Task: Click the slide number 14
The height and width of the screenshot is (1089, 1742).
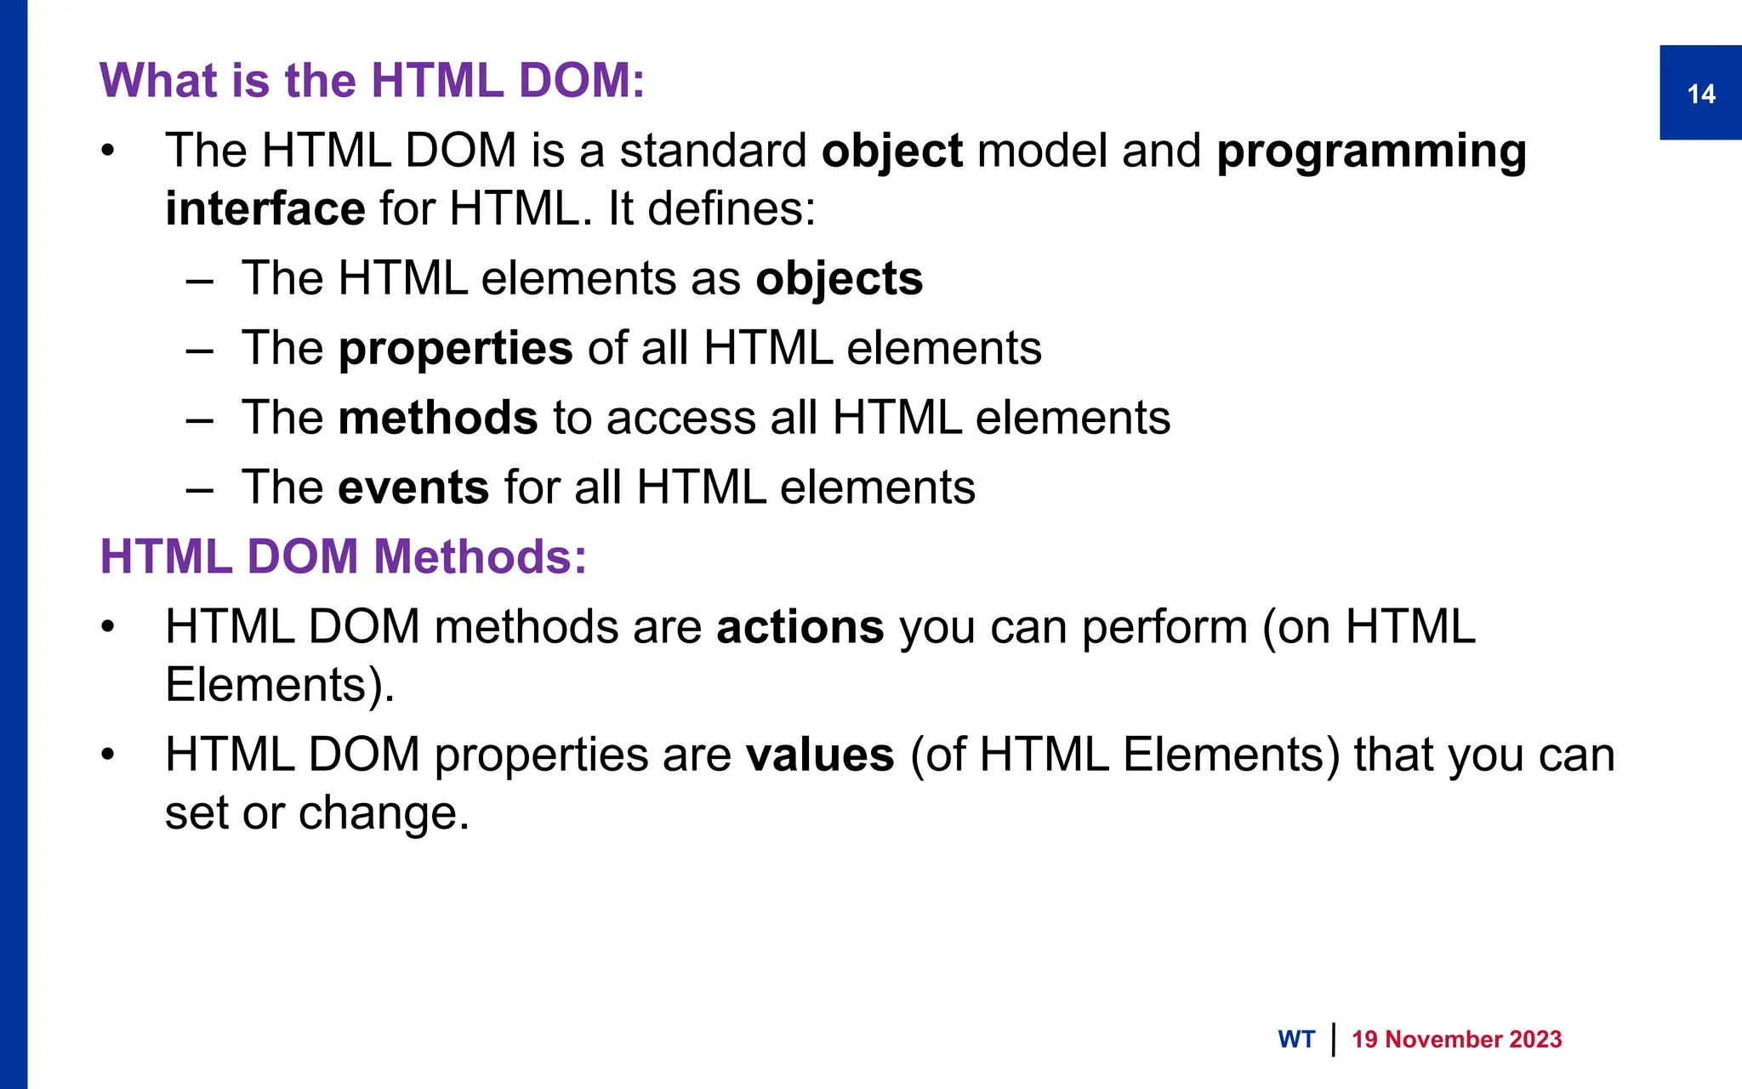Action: coord(1700,94)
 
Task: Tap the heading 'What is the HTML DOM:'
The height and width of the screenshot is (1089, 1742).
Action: coord(372,81)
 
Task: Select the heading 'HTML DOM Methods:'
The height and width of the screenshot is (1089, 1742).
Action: coord(343,557)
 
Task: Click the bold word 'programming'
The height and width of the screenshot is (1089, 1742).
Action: coord(1371,153)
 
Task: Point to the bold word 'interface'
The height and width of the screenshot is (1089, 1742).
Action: coord(265,209)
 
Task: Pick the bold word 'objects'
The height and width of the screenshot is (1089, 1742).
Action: coord(839,279)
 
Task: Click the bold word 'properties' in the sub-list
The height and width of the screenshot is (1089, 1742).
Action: coord(455,350)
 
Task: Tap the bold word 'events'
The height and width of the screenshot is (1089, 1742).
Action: coord(413,487)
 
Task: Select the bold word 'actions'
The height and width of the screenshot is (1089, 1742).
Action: coord(800,628)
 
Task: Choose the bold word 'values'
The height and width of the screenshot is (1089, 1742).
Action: coord(820,755)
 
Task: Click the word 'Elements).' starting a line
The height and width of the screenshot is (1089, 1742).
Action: coord(280,685)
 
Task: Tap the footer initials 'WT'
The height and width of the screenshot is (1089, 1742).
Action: coord(1295,1040)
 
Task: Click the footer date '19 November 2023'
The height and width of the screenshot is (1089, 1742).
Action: coord(1456,1040)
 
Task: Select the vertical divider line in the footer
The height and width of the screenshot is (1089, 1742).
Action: coord(1333,1040)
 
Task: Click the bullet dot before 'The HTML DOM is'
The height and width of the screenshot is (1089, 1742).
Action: coord(107,152)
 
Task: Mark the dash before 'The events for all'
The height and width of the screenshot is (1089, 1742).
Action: coord(199,489)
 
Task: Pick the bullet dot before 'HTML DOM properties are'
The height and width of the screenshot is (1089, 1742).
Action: coord(107,755)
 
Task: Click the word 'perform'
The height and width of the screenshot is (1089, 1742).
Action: coord(1164,628)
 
